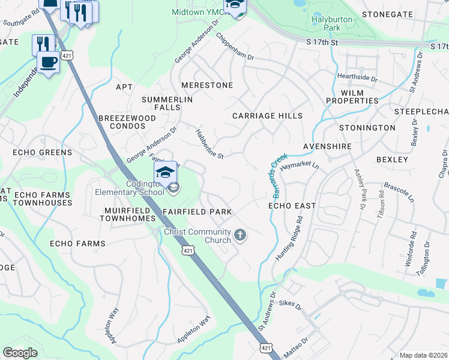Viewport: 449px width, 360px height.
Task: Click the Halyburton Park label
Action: [x=331, y=23]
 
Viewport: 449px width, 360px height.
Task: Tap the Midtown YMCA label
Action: [x=197, y=12]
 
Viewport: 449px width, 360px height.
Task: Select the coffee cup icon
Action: [x=48, y=61]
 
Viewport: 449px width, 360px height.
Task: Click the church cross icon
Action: [x=240, y=235]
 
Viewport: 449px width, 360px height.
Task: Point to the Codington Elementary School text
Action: [x=129, y=188]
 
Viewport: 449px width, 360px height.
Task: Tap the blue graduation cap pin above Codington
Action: [x=166, y=173]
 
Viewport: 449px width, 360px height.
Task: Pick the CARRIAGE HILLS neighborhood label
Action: [x=267, y=115]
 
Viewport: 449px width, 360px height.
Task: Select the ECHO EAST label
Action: [x=292, y=206]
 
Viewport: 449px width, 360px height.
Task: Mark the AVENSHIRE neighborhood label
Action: [x=326, y=146]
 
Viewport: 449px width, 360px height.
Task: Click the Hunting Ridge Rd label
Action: [x=288, y=242]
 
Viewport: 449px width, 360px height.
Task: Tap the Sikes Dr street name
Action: [x=290, y=305]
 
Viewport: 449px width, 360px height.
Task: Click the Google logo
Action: [x=20, y=353]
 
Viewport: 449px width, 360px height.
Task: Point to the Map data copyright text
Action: [x=423, y=355]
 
